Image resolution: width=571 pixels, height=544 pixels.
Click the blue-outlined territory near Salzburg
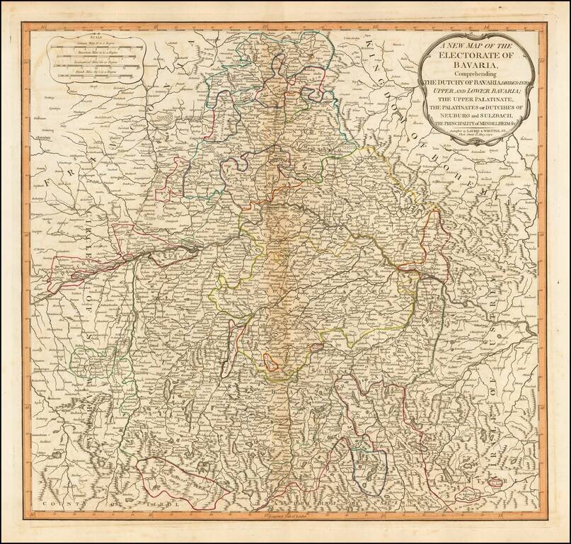tap(369, 466)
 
